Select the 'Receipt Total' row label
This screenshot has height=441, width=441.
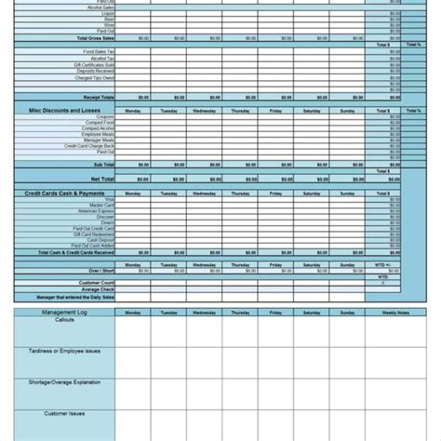[x=98, y=96]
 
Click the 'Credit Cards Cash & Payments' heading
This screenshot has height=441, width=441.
[x=65, y=193]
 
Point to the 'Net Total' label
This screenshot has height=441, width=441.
[x=101, y=177]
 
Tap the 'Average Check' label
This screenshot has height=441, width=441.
[x=98, y=288]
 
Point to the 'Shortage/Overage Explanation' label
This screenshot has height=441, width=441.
[x=65, y=381]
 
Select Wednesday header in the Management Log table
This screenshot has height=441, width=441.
[x=204, y=314]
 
